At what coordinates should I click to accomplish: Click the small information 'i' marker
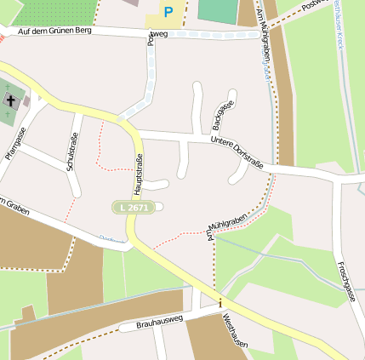coord(220,303)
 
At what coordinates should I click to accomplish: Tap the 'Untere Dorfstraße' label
coord(236,146)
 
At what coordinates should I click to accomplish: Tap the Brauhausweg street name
coord(151,323)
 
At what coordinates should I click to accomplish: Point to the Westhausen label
coord(235,333)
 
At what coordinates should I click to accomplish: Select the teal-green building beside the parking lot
coord(218,10)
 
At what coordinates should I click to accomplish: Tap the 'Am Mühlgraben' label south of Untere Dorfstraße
coord(224,222)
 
